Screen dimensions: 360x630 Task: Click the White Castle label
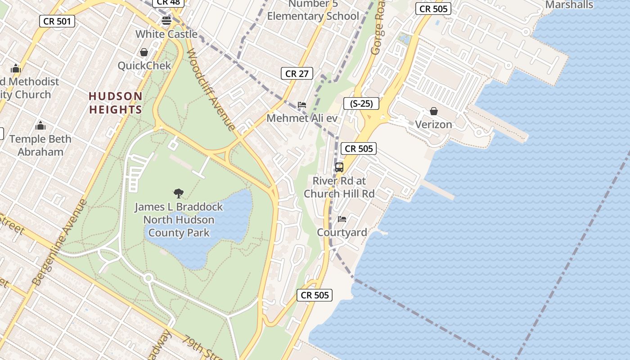[166, 34]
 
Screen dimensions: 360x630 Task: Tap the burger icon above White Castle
[166, 20]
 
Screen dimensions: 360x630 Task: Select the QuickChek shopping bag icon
[144, 52]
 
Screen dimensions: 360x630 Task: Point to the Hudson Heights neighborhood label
[116, 103]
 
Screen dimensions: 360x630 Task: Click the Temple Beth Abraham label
[40, 145]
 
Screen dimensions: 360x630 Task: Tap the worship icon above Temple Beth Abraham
[40, 126]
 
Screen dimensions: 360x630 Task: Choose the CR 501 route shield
[57, 21]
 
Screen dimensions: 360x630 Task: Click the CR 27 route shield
[297, 73]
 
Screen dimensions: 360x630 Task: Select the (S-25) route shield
[361, 103]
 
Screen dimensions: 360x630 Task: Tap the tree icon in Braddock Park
[179, 193]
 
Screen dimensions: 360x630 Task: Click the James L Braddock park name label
[179, 220]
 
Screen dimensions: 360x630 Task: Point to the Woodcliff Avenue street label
[211, 90]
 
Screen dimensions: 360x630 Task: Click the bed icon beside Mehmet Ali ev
[302, 105]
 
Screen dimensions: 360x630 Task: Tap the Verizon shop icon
[434, 111]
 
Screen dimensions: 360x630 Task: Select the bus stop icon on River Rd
[339, 167]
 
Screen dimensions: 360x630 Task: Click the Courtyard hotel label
[342, 232]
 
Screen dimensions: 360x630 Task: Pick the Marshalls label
[569, 5]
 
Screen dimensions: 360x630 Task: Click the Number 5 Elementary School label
[313, 10]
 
